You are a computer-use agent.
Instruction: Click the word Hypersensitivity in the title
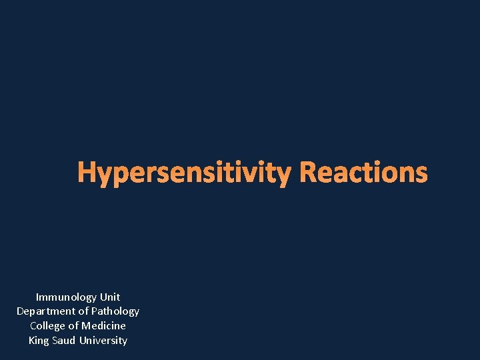coord(184,173)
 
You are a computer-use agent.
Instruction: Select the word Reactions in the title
coord(363,173)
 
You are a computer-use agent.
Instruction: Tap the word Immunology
coord(66,297)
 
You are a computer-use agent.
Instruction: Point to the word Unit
coord(109,297)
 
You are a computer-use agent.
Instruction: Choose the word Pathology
coord(115,311)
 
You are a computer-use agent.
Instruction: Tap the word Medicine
coord(103,326)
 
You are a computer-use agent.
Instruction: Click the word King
coord(39,341)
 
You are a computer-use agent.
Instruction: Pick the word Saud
coord(64,341)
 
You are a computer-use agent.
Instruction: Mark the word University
coord(103,341)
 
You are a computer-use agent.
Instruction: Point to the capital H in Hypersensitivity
coord(86,173)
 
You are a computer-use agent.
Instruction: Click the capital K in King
coord(31,341)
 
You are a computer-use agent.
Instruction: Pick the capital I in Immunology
coord(37,297)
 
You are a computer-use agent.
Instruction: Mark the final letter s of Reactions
coord(421,174)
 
